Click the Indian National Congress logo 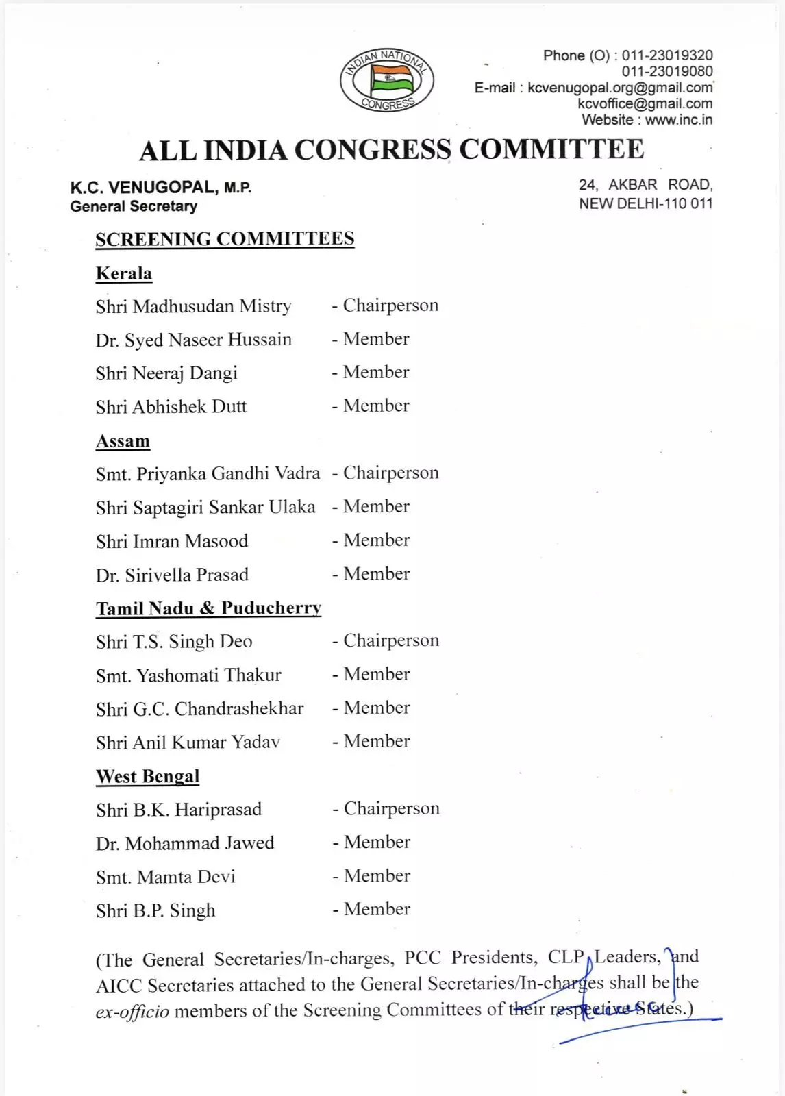(387, 81)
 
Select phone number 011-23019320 (666, 55)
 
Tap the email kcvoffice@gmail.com (645, 104)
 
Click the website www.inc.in (678, 120)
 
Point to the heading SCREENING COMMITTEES (225, 239)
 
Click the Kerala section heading (124, 273)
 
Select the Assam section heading (123, 441)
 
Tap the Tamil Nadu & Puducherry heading (208, 608)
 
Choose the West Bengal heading (148, 776)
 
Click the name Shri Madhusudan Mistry (193, 306)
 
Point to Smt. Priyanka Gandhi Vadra (208, 473)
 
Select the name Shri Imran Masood (172, 541)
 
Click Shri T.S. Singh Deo (174, 642)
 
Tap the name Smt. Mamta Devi (166, 877)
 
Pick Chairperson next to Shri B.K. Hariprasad (391, 808)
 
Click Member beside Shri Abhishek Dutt (376, 406)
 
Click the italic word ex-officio (132, 1012)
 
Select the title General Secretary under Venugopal (134, 206)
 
